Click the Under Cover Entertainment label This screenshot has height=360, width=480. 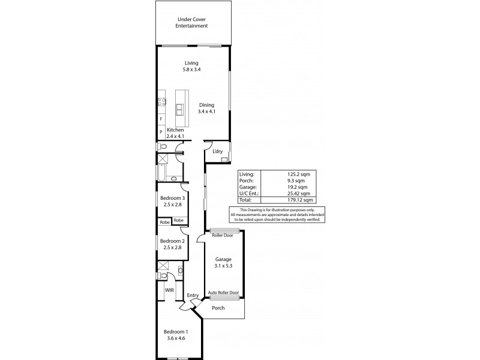[192, 23]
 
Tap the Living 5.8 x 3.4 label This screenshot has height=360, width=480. [191, 66]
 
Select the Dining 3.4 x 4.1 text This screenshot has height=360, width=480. [206, 108]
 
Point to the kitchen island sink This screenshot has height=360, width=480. [180, 109]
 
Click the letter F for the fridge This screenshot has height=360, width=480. [161, 119]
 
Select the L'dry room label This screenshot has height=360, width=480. [217, 151]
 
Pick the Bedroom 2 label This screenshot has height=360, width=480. [172, 243]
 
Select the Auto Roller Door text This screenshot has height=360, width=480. [223, 293]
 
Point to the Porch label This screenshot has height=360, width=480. [218, 308]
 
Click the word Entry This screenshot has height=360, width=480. [193, 295]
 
